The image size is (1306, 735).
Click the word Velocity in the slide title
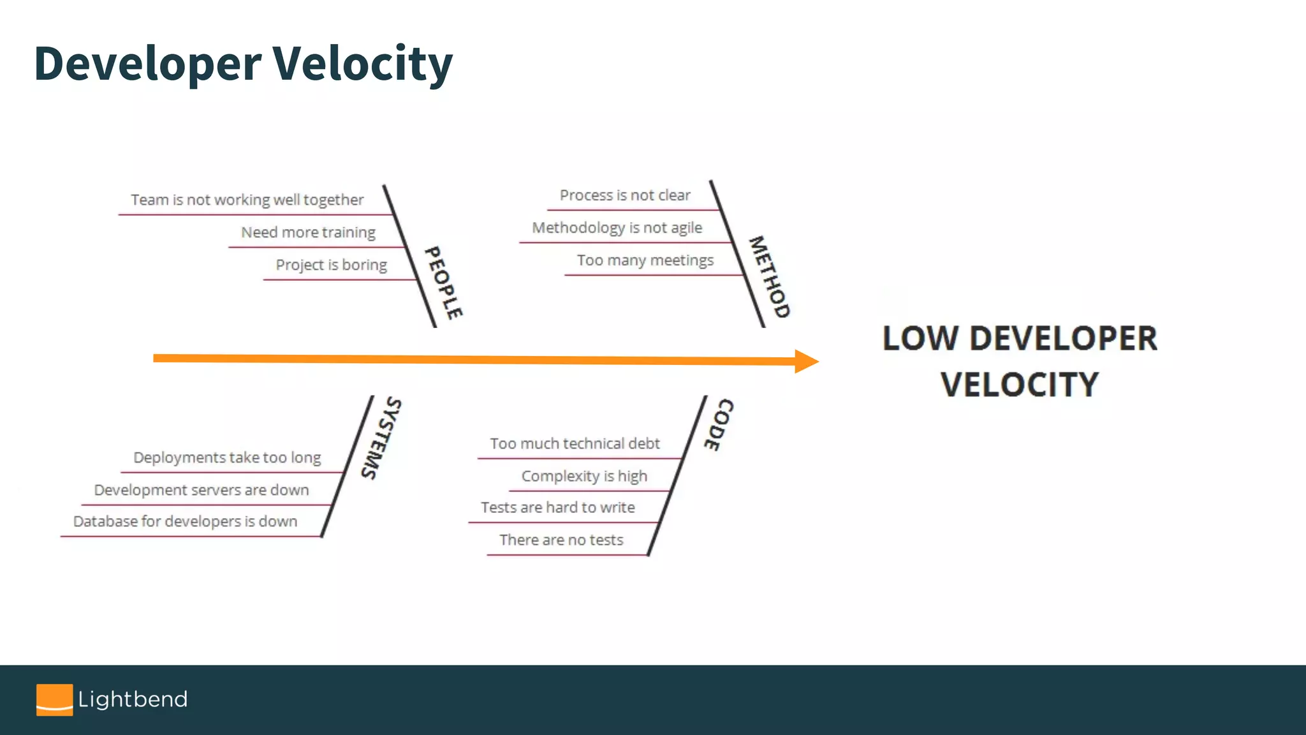coord(362,64)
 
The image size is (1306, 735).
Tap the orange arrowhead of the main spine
coord(806,361)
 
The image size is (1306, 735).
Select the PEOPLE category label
coord(444,283)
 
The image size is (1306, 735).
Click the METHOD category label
coord(769,277)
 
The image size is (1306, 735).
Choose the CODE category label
coord(719,425)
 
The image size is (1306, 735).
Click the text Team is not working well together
coord(247,200)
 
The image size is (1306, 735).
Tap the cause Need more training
coord(308,232)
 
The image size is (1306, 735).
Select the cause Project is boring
coord(331,265)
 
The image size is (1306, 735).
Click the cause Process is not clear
coord(625,195)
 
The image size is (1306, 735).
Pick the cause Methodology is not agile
coord(617,228)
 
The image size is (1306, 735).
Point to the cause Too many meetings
coord(645,260)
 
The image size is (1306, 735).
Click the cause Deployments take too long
coord(227,457)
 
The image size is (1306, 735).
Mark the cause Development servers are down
coord(202,490)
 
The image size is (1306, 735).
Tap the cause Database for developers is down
coord(185,521)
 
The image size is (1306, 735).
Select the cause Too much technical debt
coord(575,443)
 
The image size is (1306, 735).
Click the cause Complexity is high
coord(584,476)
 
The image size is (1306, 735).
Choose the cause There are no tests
coord(561,540)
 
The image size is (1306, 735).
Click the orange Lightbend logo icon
coord(54,700)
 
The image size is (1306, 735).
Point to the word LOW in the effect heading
coord(920,338)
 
